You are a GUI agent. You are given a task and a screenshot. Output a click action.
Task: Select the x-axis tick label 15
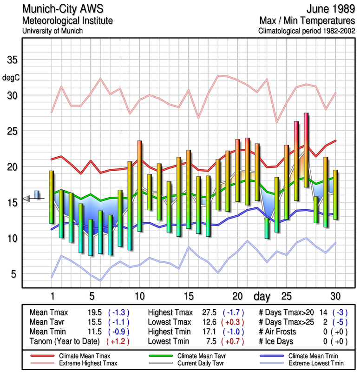tap(188, 296)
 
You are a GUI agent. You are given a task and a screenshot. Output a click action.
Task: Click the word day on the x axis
tap(263, 296)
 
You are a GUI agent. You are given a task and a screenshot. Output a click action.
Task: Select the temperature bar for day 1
tap(52, 197)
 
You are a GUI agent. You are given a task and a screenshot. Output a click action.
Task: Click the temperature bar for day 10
tap(139, 186)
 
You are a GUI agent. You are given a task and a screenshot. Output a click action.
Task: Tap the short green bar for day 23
tap(267, 228)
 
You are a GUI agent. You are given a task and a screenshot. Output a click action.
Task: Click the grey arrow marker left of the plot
tap(27, 199)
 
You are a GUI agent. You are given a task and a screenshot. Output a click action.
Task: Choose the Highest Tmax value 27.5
tap(207, 312)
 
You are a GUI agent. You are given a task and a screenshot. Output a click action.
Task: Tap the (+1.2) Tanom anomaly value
tap(118, 341)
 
